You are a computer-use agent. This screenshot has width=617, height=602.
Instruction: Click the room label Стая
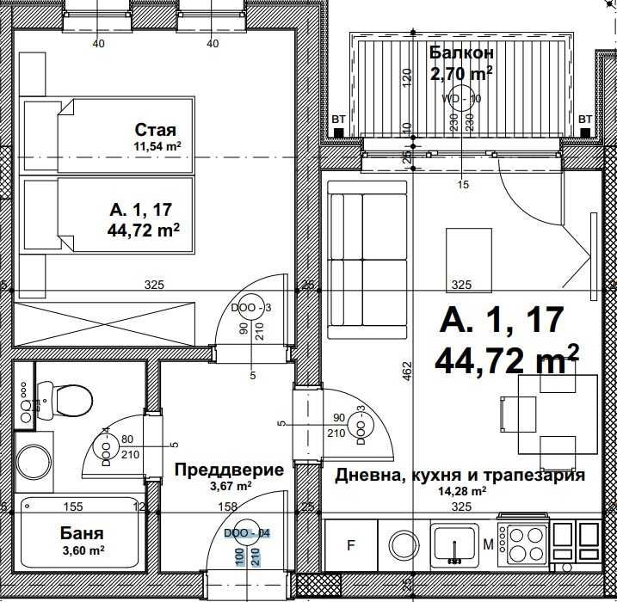(x=155, y=130)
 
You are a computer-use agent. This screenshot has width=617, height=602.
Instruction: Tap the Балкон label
(x=460, y=53)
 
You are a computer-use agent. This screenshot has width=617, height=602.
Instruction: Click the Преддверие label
(x=229, y=470)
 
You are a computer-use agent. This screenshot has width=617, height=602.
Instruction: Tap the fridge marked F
(x=350, y=544)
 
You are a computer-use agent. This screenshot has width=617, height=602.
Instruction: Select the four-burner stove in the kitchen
(x=522, y=544)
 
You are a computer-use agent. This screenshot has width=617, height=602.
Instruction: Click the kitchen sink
(x=454, y=544)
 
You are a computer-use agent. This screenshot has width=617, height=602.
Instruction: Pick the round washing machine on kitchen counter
(x=402, y=544)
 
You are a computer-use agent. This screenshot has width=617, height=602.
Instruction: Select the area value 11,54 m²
(x=156, y=147)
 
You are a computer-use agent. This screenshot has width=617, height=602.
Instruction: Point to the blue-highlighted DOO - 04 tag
(x=247, y=533)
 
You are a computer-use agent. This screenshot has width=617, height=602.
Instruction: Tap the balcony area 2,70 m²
(x=460, y=73)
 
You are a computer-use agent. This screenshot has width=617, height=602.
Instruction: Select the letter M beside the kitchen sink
(x=488, y=544)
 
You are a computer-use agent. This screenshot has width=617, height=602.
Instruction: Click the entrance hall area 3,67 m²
(x=229, y=486)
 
